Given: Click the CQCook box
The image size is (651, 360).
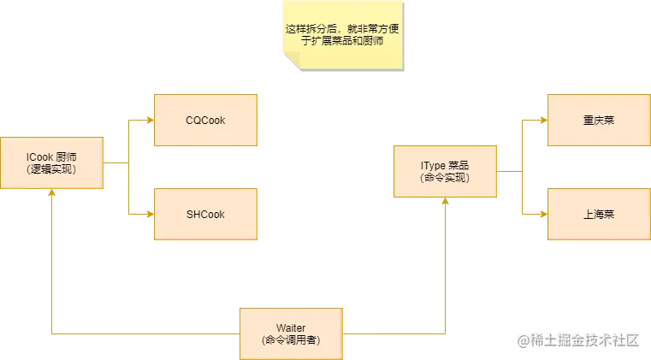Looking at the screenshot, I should click(x=205, y=121).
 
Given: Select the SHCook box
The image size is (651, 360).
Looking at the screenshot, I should click(x=205, y=214).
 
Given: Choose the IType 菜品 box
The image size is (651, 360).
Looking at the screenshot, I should click(x=445, y=171).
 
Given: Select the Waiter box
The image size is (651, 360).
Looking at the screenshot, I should click(x=291, y=333).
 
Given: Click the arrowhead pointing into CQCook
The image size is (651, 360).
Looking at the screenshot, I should click(x=149, y=121).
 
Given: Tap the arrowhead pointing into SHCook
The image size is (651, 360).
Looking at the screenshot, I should click(x=149, y=214).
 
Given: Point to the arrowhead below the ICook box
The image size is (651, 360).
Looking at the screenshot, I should click(x=52, y=193).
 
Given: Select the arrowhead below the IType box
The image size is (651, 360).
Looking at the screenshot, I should click(x=445, y=202).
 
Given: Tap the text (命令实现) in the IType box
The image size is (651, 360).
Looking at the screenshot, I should click(x=445, y=178).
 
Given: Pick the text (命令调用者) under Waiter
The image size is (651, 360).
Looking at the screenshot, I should click(x=291, y=340).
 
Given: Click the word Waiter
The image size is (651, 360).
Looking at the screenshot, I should click(x=291, y=328).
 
